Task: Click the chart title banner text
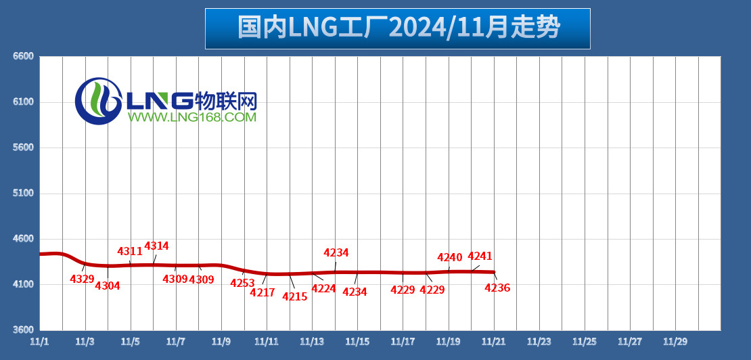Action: (398, 28)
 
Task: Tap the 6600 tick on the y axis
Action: (24, 56)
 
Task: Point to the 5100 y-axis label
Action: (24, 194)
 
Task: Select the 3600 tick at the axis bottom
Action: (24, 330)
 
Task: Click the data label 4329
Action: (83, 279)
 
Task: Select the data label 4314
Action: (157, 246)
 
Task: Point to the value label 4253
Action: (242, 284)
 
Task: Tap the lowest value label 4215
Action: (295, 296)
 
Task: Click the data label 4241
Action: (480, 256)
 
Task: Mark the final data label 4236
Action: (497, 288)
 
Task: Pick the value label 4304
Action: (108, 286)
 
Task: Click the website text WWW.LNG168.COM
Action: (192, 118)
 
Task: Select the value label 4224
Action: (323, 288)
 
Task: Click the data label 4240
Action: (450, 257)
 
